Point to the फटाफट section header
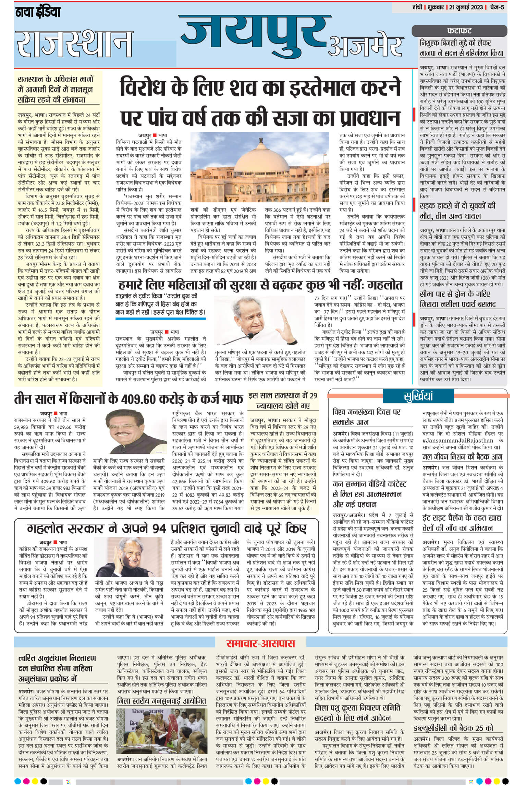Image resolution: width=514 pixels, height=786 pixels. click(x=459, y=30)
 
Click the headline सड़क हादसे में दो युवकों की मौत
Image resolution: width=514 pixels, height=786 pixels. click(x=457, y=211)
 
